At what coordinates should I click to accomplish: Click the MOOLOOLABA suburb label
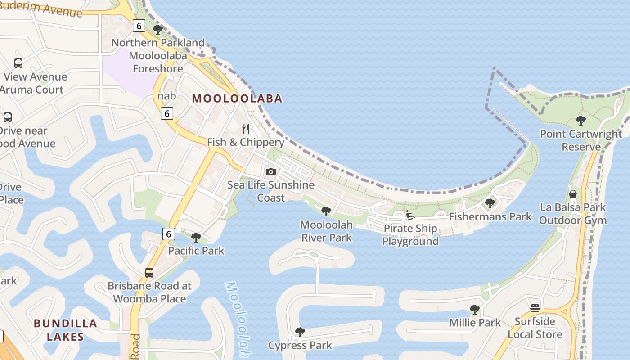click(237, 99)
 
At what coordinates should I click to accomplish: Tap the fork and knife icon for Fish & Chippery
click(246, 129)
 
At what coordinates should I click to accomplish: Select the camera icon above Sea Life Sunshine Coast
click(270, 171)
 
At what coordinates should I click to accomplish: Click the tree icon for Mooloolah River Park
click(326, 211)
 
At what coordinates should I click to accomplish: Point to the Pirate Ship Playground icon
click(410, 215)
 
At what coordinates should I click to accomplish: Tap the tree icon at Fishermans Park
click(490, 203)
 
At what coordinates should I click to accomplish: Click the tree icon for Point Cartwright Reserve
click(580, 121)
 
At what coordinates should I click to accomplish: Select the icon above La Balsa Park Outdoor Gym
click(573, 194)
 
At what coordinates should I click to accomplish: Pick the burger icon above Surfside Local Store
click(535, 308)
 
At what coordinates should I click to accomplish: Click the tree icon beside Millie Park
click(474, 310)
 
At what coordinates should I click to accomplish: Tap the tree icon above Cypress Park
click(300, 332)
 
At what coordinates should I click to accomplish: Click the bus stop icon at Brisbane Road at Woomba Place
click(149, 272)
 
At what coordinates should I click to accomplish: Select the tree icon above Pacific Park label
click(196, 237)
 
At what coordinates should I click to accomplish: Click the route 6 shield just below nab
click(167, 113)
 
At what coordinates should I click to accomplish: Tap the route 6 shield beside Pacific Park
click(168, 234)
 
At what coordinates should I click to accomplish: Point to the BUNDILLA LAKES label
click(65, 329)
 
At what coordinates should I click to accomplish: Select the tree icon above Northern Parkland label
click(157, 30)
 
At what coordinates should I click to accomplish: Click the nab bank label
click(166, 96)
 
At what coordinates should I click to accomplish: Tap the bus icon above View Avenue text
click(18, 63)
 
